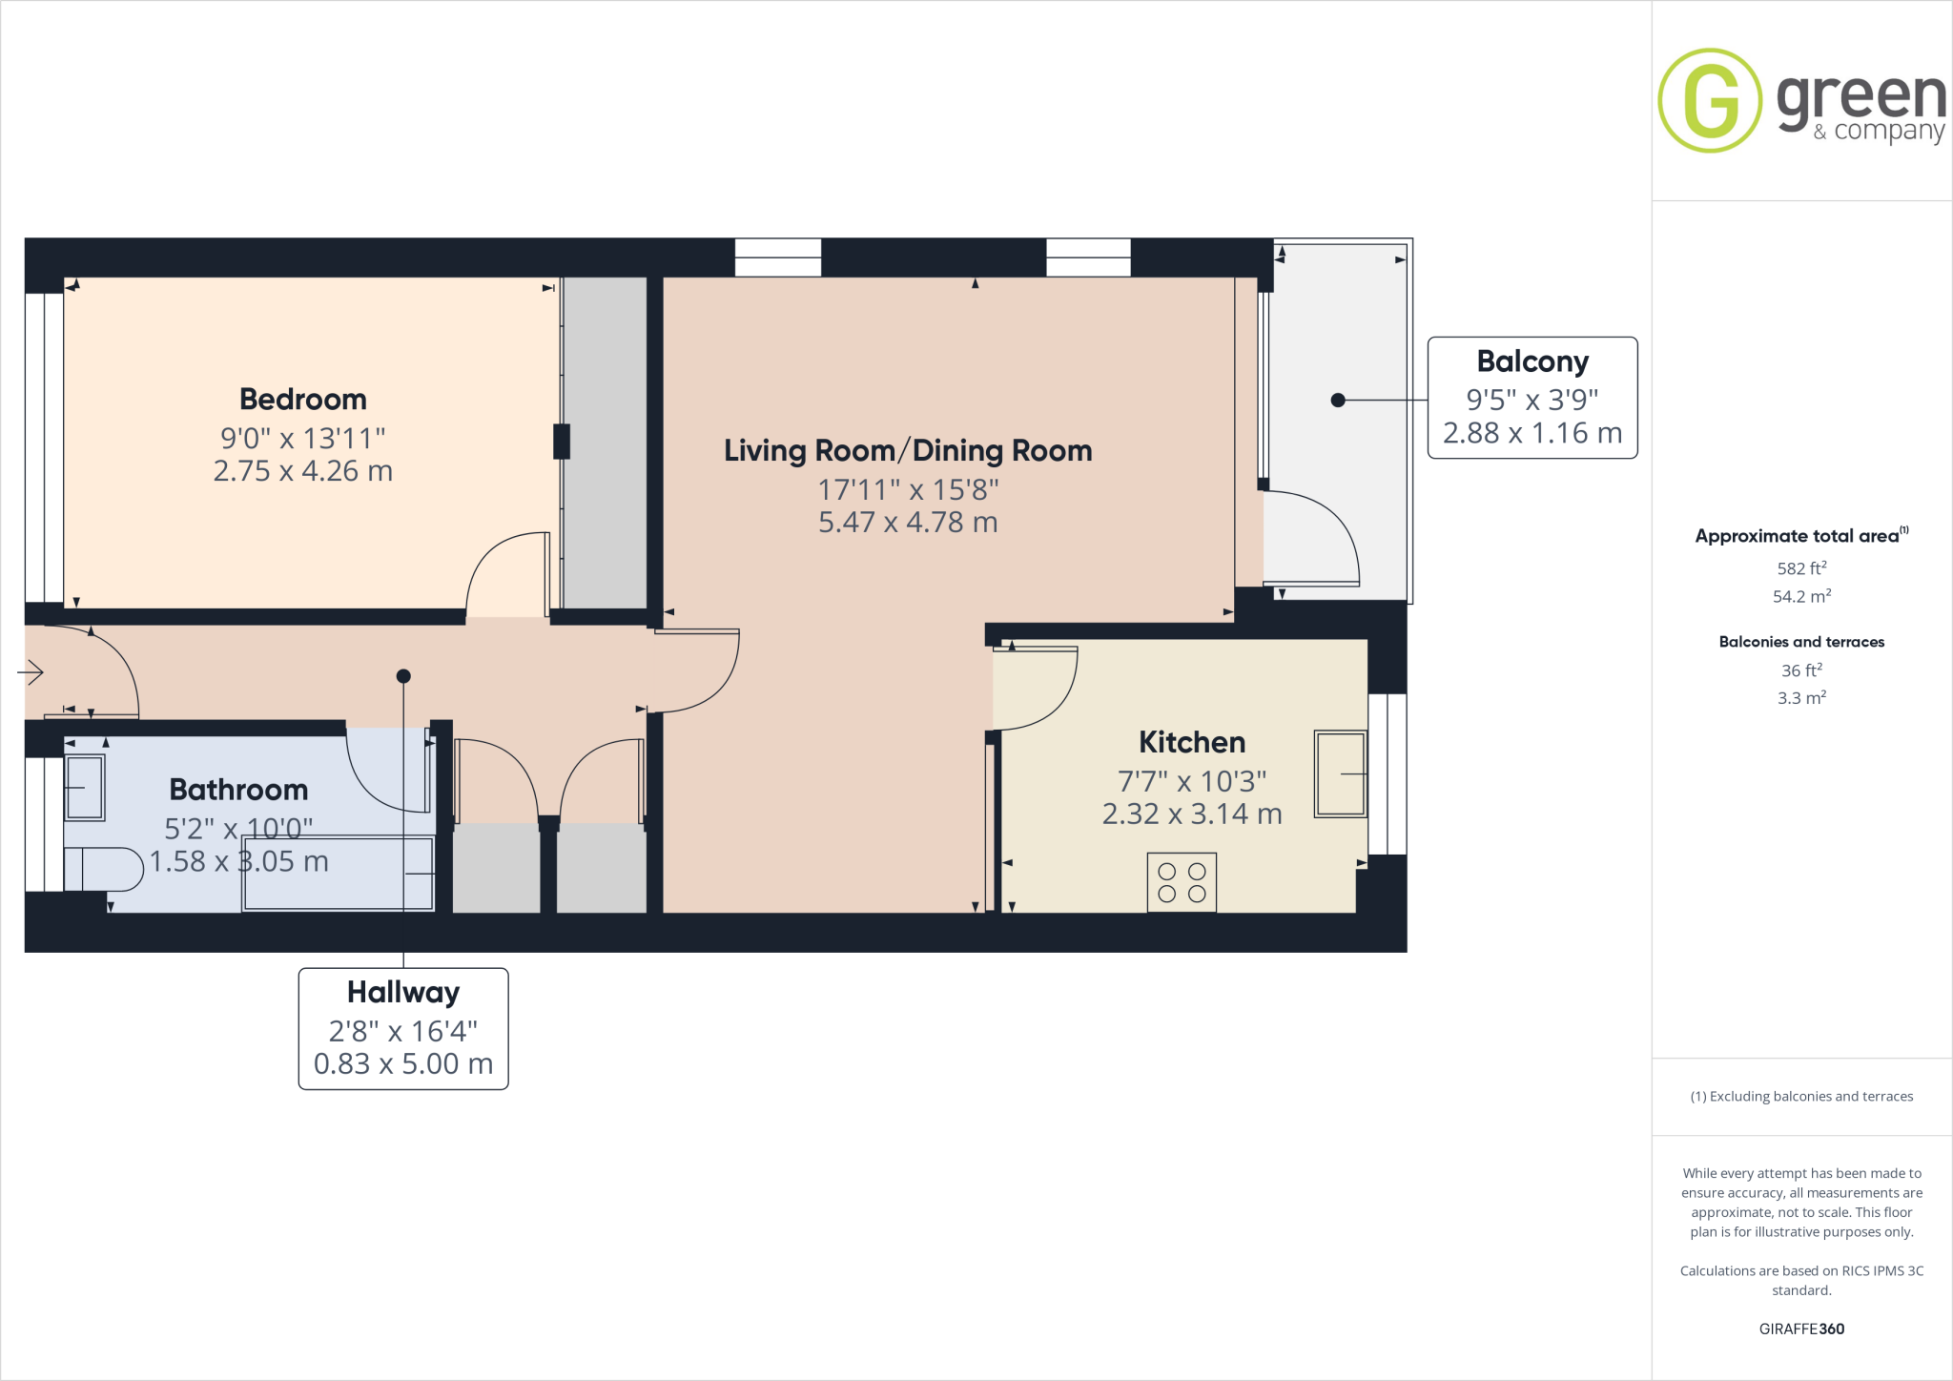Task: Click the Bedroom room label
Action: coord(302,399)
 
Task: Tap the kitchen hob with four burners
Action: coord(1182,883)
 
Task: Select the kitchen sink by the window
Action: coord(1340,773)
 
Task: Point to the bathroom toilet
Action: coord(103,869)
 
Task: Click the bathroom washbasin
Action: coord(84,788)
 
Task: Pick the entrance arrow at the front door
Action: coord(31,672)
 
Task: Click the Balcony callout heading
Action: coord(1532,361)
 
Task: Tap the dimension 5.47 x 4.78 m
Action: coord(907,523)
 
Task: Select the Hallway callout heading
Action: coord(402,992)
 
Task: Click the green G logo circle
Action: coord(1710,100)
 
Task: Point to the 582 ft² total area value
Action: coord(1800,568)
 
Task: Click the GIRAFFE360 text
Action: coord(1800,1329)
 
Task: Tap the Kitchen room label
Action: coord(1191,742)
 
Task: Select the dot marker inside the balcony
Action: coord(1338,401)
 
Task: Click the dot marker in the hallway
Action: coord(403,676)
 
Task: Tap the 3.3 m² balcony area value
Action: coord(1800,698)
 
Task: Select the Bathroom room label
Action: coord(238,790)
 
